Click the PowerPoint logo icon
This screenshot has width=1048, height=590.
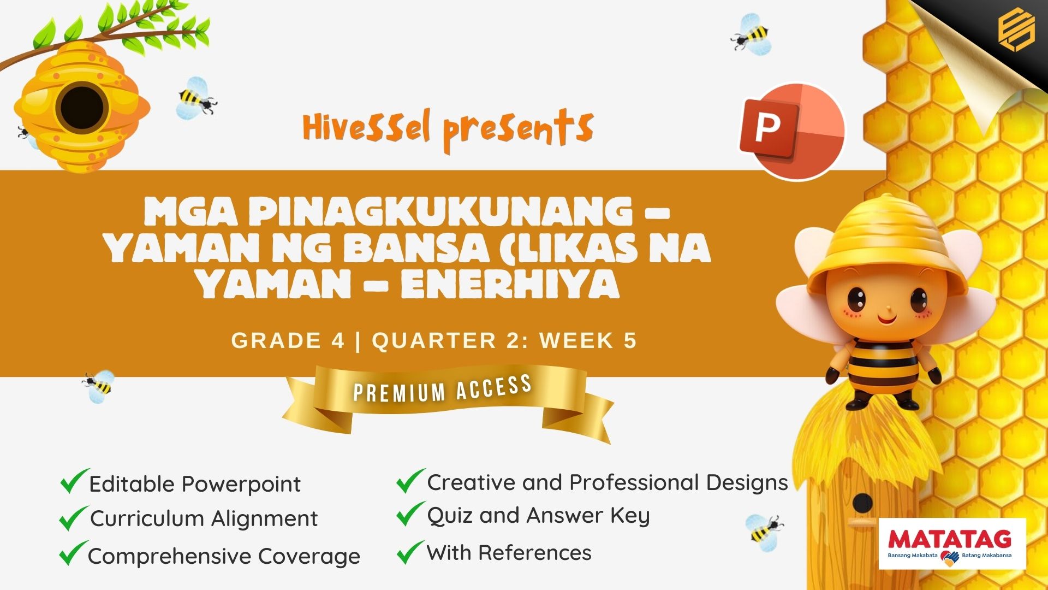(792, 131)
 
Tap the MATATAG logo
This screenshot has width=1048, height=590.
(952, 544)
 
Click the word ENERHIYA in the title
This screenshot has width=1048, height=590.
(510, 285)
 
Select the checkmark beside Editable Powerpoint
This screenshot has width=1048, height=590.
(74, 481)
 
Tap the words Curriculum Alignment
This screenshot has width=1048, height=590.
(204, 518)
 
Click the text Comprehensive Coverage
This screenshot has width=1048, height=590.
(224, 557)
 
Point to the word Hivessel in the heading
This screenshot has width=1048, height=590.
(367, 127)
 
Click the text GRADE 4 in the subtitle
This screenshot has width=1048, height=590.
(288, 340)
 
